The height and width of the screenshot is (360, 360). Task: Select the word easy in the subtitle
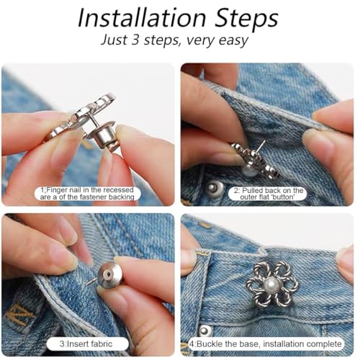[233, 41]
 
